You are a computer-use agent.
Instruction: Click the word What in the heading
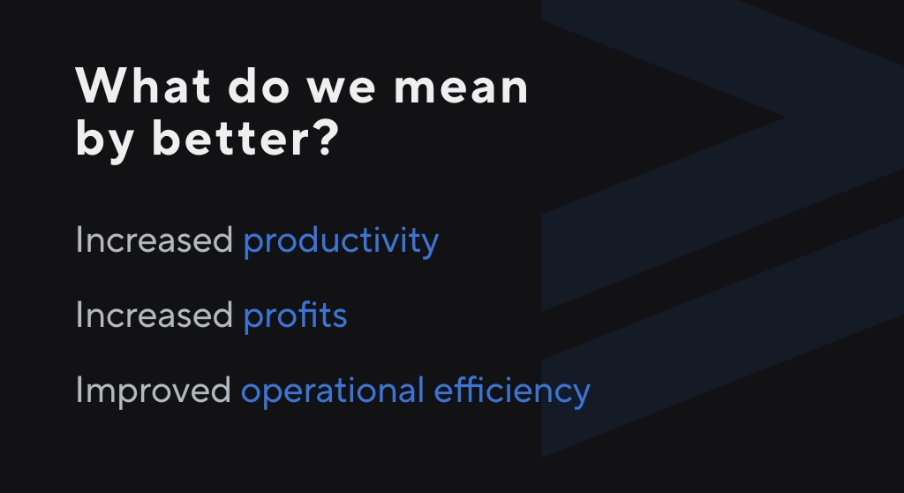tap(142, 86)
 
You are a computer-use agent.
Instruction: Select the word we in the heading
tap(342, 89)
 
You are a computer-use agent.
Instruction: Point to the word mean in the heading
tap(461, 89)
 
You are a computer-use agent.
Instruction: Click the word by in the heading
tap(104, 140)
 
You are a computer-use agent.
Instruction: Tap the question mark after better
tap(328, 138)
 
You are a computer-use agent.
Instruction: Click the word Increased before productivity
tap(154, 239)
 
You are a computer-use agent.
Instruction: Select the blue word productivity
tap(341, 242)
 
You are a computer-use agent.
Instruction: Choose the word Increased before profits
tap(154, 315)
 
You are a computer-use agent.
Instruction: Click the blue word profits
tap(295, 317)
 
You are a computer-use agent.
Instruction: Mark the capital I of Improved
tap(78, 390)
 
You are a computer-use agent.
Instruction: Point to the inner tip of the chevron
tap(785, 118)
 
